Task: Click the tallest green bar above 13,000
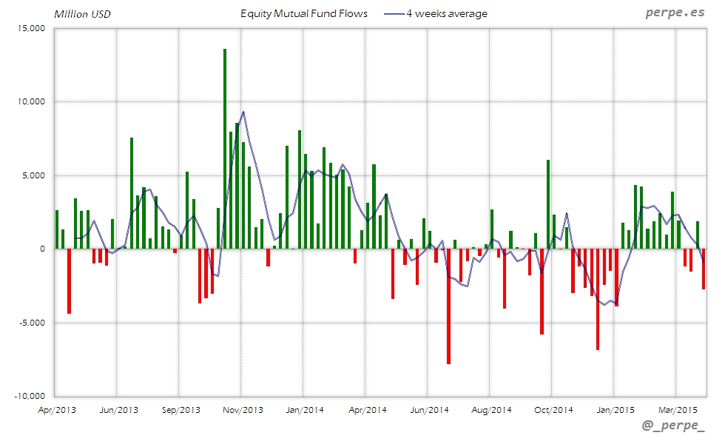point(225,148)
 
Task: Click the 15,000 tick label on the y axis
point(30,28)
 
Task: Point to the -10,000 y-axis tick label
point(29,396)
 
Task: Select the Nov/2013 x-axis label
point(243,409)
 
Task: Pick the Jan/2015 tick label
point(614,409)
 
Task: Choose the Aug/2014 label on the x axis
point(490,409)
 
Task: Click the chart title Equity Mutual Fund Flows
point(304,14)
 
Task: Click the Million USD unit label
point(82,14)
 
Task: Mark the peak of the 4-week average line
point(243,112)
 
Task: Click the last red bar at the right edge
point(704,269)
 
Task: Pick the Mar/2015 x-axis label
point(676,409)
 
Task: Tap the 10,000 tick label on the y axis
point(30,102)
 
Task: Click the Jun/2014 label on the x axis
point(428,409)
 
